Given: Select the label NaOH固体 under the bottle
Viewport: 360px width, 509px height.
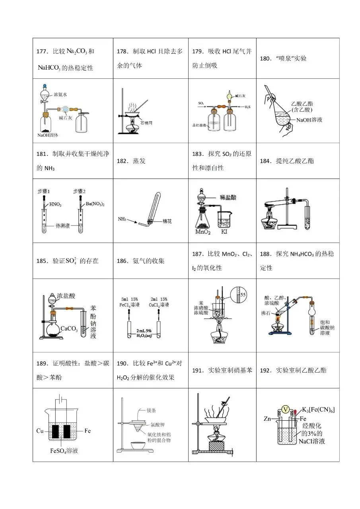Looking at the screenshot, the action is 48,135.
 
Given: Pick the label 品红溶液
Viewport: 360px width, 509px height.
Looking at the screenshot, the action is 198,125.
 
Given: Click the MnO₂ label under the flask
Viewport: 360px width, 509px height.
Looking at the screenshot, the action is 204,231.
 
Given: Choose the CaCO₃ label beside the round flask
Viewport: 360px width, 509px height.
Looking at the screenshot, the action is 68,329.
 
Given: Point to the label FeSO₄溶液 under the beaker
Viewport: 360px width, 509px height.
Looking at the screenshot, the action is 64,451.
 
